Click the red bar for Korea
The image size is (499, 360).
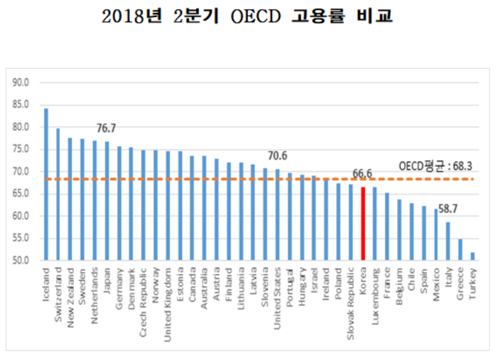tap(363, 224)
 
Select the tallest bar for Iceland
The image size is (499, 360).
tap(46, 184)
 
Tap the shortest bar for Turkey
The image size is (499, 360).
tap(472, 256)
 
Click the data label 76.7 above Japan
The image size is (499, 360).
tap(107, 128)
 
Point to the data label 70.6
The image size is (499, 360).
tap(277, 156)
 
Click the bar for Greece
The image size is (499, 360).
tap(460, 249)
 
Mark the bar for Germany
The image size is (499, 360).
tap(119, 203)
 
